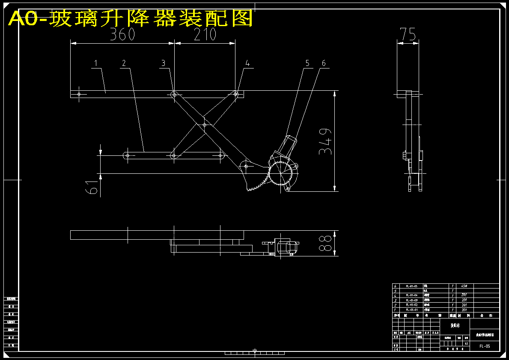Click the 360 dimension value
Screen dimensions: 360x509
pos(122,34)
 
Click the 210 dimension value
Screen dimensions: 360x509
pos(205,34)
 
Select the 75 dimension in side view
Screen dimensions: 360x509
pos(408,34)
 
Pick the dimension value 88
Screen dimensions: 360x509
pos(326,243)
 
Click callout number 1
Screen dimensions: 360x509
pos(96,63)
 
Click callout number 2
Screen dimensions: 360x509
pos(124,63)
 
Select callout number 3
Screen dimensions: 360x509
pos(163,63)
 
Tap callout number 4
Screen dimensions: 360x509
pos(247,63)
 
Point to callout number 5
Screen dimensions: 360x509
pos(307,63)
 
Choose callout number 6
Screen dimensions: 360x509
pos(324,63)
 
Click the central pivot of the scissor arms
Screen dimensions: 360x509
pos(205,125)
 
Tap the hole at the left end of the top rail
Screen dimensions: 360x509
pos(79,94)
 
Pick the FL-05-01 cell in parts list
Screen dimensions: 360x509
pos(412,309)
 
